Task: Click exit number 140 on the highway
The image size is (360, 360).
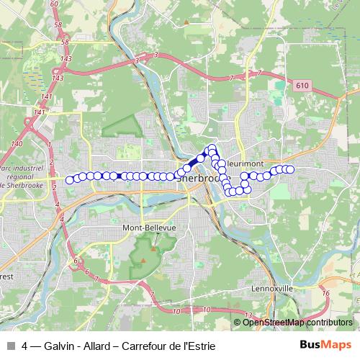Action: click(x=16, y=144)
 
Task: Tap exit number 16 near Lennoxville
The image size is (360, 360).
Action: click(x=326, y=294)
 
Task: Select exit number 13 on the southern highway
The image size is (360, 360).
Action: click(x=248, y=316)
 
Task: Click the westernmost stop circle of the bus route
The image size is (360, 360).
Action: click(x=70, y=180)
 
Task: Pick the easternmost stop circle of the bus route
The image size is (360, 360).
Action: click(x=292, y=169)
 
